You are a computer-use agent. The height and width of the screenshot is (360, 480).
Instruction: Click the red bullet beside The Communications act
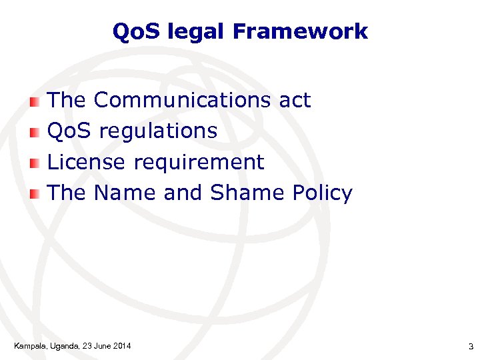point(35,101)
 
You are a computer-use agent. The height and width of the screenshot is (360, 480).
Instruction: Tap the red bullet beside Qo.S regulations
point(35,132)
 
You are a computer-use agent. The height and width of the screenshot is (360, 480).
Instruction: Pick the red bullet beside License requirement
point(35,163)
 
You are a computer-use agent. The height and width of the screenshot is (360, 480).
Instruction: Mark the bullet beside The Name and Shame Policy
point(35,194)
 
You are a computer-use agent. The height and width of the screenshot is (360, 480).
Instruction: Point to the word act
point(295,101)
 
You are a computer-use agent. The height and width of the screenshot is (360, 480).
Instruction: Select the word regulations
point(158,131)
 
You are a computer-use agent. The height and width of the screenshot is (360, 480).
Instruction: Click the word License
point(87,162)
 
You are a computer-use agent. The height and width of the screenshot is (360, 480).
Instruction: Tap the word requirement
point(199,163)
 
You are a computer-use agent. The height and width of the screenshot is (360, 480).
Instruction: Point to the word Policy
point(322,194)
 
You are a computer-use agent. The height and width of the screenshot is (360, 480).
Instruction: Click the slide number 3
point(470,346)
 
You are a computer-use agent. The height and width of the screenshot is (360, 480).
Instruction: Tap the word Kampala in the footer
point(29,345)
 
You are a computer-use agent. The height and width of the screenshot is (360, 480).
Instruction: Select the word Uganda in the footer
point(63,345)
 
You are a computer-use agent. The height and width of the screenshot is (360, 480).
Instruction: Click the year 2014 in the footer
point(121,345)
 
